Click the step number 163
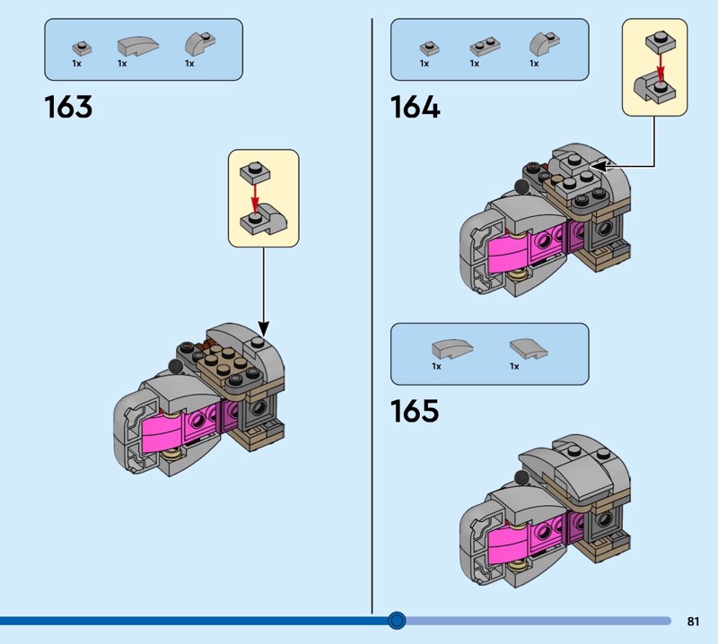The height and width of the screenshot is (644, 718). click(x=68, y=108)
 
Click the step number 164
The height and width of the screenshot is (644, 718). click(x=415, y=108)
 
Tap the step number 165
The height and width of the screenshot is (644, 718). click(x=415, y=411)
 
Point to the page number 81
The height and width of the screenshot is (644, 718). click(x=693, y=621)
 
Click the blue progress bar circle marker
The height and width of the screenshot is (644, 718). click(x=397, y=620)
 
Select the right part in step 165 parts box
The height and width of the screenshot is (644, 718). click(x=522, y=347)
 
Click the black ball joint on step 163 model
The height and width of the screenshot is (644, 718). click(x=175, y=366)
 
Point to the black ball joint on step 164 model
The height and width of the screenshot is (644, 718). click(x=521, y=187)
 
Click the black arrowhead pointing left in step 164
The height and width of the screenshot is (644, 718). click(x=596, y=165)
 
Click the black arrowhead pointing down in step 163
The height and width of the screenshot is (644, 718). click(x=264, y=328)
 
